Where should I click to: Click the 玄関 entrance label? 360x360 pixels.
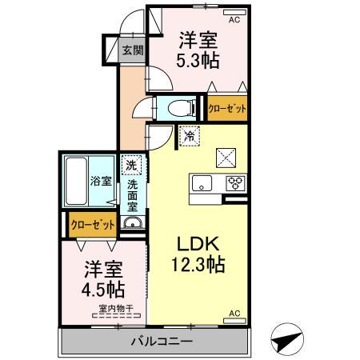click(x=132, y=50)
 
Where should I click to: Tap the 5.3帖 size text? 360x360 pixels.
click(x=198, y=61)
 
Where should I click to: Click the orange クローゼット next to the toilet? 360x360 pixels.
click(x=227, y=109)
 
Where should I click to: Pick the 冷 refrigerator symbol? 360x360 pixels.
click(x=188, y=136)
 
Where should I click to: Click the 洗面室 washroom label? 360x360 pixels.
click(x=133, y=195)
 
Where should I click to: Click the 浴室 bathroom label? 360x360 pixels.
click(x=100, y=182)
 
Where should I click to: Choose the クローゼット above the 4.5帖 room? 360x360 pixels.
click(x=90, y=225)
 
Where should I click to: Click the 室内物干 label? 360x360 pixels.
click(x=115, y=309)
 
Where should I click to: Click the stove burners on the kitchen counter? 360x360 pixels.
click(x=235, y=182)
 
